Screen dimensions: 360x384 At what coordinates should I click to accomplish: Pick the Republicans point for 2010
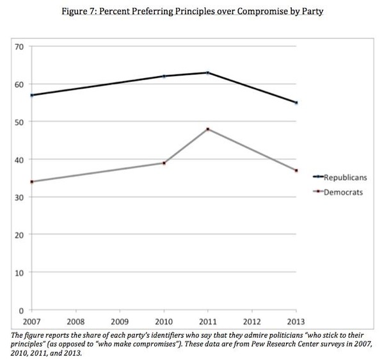click(x=164, y=76)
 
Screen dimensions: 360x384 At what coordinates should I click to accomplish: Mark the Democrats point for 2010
click(x=164, y=163)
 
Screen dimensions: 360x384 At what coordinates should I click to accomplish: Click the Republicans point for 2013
click(x=296, y=102)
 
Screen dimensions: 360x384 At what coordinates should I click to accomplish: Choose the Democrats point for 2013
click(x=296, y=170)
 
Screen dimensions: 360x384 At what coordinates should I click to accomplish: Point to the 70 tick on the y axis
click(x=19, y=47)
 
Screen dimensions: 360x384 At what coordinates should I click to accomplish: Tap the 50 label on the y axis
click(x=19, y=122)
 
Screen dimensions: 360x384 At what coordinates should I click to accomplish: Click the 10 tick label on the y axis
click(x=19, y=272)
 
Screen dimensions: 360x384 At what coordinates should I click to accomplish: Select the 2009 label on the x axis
click(x=120, y=320)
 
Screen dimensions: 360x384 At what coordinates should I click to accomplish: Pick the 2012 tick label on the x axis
click(x=252, y=320)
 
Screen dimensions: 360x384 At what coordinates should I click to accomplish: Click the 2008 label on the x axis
click(x=76, y=320)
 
